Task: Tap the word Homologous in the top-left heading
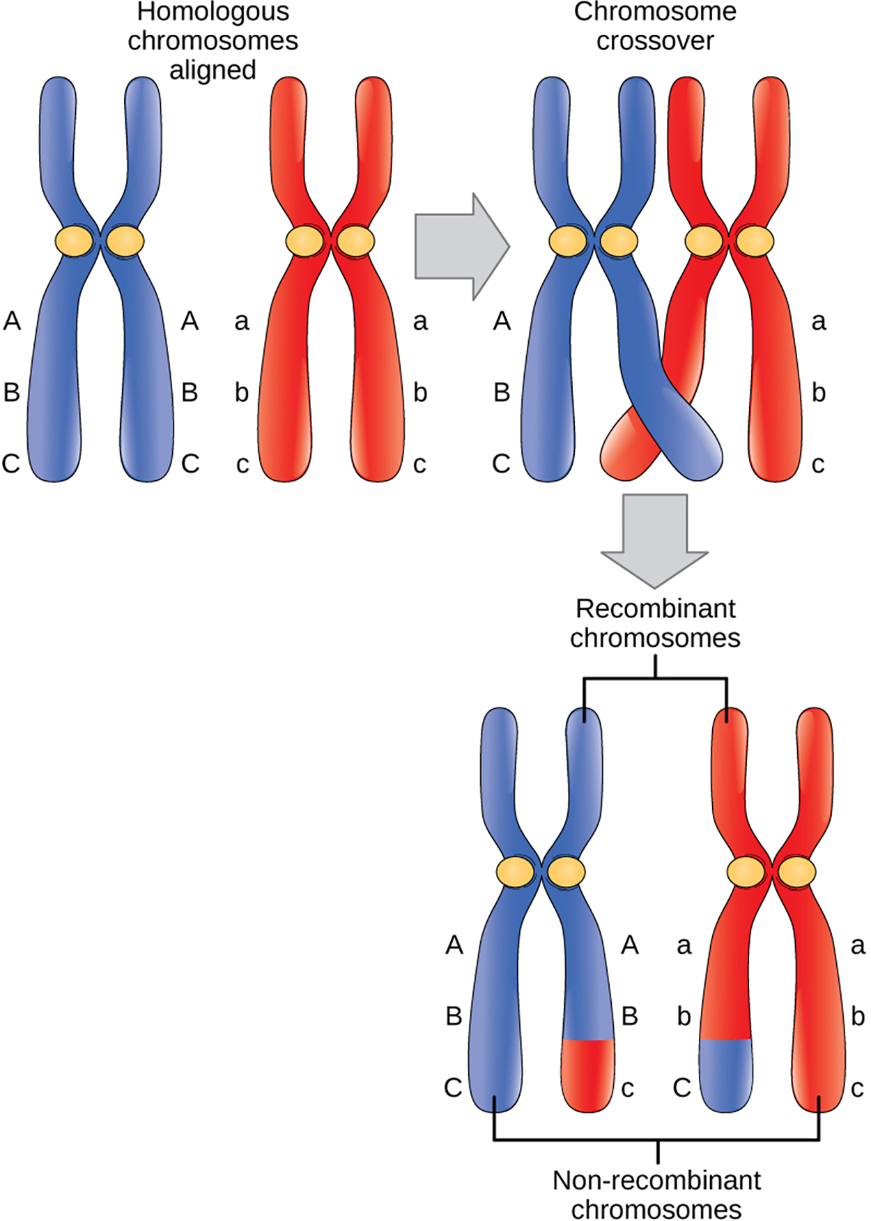[213, 12]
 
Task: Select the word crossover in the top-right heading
[655, 41]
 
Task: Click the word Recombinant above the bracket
[655, 608]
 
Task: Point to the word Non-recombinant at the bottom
[656, 1181]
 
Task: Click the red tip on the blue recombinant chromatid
[587, 1074]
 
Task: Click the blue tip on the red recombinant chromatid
[726, 1074]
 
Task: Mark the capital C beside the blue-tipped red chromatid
[681, 1087]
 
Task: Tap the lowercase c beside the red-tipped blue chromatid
[627, 1088]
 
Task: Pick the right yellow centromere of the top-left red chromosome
[355, 241]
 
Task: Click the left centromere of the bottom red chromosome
[745, 872]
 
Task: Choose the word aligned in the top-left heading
[213, 70]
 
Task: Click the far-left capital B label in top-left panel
[12, 392]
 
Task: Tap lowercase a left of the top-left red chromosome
[241, 322]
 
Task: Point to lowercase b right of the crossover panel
[819, 392]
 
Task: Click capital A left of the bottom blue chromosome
[454, 945]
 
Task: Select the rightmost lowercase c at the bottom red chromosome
[857, 1088]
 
